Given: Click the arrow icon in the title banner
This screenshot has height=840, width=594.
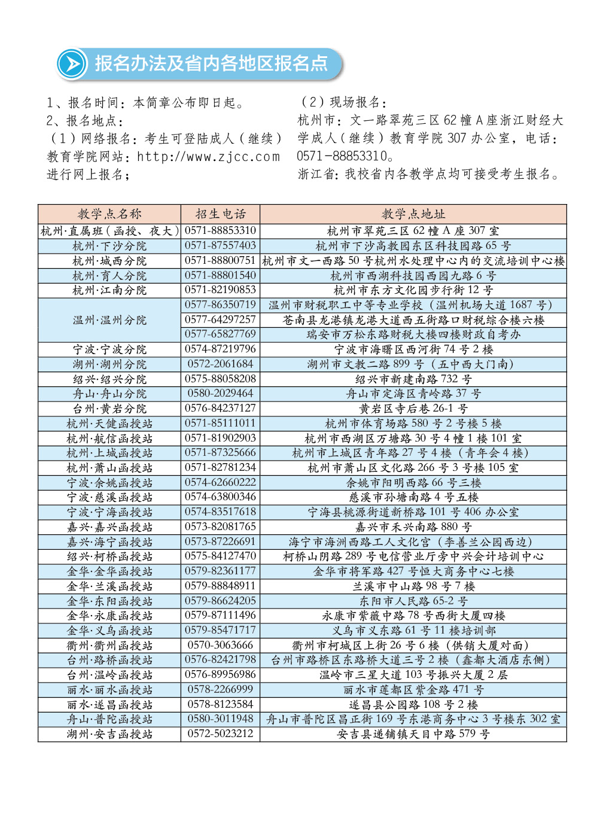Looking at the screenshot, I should click(x=72, y=64).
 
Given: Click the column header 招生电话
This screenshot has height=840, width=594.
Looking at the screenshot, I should click(x=220, y=214).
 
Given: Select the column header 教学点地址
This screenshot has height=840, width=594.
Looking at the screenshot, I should click(x=413, y=214).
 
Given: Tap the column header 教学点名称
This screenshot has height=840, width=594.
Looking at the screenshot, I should click(x=109, y=214).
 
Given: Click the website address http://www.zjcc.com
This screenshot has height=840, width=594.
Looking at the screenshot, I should click(x=208, y=157).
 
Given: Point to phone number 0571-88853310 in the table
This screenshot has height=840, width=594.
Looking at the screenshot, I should click(x=220, y=230).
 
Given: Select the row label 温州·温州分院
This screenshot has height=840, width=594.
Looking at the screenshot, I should click(x=109, y=320).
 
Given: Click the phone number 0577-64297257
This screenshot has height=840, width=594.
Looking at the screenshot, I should click(x=220, y=320).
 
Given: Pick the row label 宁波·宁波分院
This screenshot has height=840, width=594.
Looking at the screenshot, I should click(x=109, y=349).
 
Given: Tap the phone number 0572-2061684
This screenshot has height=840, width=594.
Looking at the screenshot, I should click(x=220, y=364).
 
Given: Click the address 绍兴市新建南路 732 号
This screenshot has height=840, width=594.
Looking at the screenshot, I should click(x=413, y=379).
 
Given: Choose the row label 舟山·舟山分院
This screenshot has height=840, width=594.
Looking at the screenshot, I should click(x=109, y=394).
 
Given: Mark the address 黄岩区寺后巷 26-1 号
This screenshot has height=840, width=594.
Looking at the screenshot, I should click(x=413, y=409).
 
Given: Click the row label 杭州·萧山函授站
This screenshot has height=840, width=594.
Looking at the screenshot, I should click(x=109, y=468).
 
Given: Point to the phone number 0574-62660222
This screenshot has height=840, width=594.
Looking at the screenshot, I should click(x=220, y=483).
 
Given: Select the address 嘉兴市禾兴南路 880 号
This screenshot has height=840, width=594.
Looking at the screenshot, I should click(x=413, y=527).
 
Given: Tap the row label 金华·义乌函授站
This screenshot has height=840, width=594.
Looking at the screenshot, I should click(x=109, y=631).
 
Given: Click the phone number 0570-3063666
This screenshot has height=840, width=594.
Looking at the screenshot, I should click(x=220, y=646).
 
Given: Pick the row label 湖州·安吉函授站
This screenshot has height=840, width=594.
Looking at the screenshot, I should click(x=109, y=734).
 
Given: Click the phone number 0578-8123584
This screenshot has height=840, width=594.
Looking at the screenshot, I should click(x=220, y=705).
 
